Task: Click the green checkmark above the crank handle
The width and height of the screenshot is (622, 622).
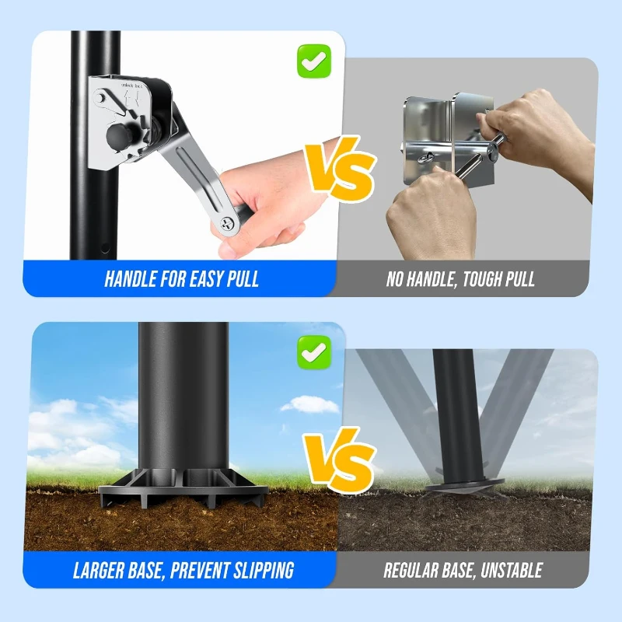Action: (314, 61)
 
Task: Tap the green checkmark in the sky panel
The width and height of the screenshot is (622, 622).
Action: (314, 352)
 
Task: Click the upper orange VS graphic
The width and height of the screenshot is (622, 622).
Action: (340, 168)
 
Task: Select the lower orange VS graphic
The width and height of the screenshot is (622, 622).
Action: (340, 460)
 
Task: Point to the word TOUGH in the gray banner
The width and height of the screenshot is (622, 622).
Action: (477, 279)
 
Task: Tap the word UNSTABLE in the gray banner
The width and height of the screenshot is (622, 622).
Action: (512, 570)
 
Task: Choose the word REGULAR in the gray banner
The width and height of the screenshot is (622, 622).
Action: (409, 570)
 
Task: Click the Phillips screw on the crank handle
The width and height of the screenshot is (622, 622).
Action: (228, 225)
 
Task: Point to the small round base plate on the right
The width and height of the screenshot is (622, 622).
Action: (464, 484)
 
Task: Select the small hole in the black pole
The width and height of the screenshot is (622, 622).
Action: (105, 248)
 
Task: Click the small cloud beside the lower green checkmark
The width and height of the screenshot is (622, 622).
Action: (309, 404)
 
